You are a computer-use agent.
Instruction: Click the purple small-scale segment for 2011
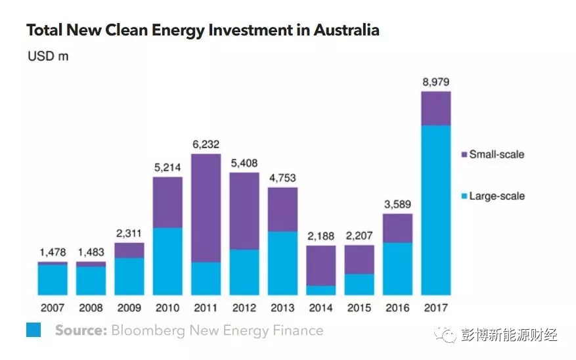tap(206, 208)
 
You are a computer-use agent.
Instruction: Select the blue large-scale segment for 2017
tap(436, 210)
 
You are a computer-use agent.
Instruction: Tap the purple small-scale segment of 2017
tap(436, 108)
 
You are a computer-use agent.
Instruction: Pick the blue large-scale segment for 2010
tap(167, 261)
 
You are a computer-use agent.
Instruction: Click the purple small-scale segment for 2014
tap(321, 265)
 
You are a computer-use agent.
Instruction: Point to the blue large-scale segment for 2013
tap(282, 263)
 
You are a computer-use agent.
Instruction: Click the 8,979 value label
tap(436, 82)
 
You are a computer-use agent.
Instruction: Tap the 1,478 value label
tap(52, 253)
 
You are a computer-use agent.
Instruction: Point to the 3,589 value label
tap(398, 204)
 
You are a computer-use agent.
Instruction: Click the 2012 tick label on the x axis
tap(244, 307)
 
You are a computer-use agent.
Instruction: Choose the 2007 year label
tap(52, 307)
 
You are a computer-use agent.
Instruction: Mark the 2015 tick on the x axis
tap(359, 307)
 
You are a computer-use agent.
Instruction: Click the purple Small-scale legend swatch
tap(463, 155)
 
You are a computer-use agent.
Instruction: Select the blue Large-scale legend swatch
tap(463, 196)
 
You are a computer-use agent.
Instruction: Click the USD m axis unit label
tap(47, 56)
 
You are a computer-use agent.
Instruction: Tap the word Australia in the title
tap(346, 30)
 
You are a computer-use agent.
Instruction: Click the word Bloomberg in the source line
tap(148, 330)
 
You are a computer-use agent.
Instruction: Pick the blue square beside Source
tap(33, 330)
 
